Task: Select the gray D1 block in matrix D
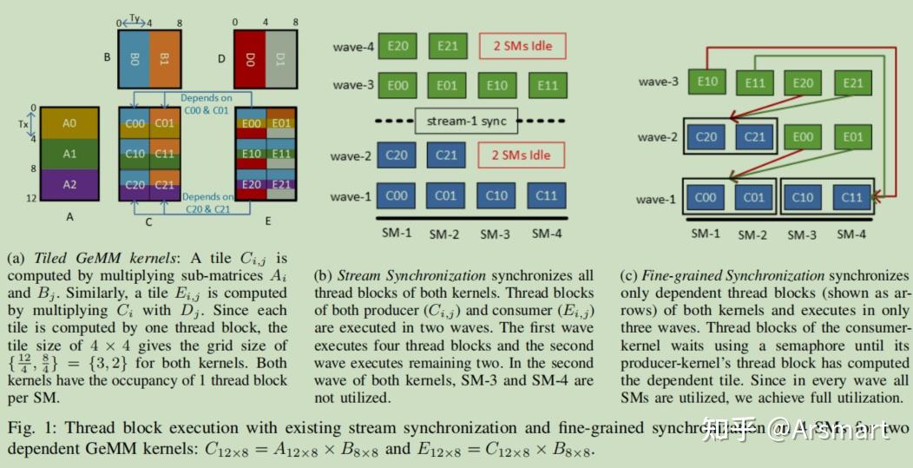[280, 58]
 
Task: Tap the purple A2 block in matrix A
[69, 184]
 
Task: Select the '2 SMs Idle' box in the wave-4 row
[521, 46]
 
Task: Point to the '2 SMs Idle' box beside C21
[521, 156]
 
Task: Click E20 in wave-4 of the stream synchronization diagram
[397, 46]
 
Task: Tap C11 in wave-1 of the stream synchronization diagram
[547, 195]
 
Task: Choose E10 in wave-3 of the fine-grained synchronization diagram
[707, 82]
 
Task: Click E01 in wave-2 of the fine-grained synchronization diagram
[852, 136]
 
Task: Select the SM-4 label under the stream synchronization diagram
[546, 234]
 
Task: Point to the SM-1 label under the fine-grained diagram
[706, 234]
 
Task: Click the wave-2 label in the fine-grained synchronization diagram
[658, 137]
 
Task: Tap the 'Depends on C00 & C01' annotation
[207, 105]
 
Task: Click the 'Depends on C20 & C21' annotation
[207, 203]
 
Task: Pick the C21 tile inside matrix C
[165, 184]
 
